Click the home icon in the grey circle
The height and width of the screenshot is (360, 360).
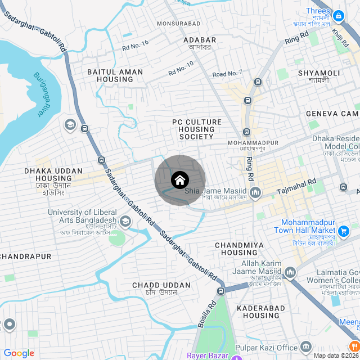(179, 181)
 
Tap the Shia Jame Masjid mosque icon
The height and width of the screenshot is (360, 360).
(256, 193)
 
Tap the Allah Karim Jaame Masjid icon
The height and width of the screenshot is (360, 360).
(290, 272)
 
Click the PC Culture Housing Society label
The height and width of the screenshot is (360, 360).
(197, 129)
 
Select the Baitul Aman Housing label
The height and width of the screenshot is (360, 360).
(115, 76)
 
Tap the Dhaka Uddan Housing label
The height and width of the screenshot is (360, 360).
(53, 174)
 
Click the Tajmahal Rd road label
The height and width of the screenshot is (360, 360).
(296, 188)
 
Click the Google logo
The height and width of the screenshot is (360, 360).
(19, 353)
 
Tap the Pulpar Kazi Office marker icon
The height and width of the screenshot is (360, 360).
(305, 346)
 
